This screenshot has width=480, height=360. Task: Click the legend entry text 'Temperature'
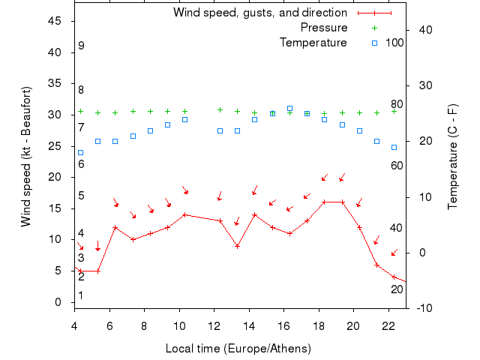tap(313, 43)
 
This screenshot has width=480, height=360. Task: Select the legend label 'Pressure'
tap(323, 28)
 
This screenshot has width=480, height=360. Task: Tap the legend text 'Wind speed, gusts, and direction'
tap(259, 13)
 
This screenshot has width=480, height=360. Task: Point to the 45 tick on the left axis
tap(55, 21)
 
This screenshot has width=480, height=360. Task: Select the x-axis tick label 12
tap(214, 325)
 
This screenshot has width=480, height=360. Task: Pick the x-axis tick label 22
tap(388, 325)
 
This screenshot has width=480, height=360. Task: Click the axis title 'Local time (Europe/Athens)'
tap(238, 349)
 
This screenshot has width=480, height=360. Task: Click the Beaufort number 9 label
tap(81, 46)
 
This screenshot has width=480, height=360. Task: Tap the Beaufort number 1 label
tap(81, 295)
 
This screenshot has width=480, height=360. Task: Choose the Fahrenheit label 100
tap(394, 43)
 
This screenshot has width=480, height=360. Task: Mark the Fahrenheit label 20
tap(396, 289)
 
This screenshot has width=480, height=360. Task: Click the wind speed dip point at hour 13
tap(237, 246)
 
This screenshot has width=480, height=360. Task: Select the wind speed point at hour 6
tap(115, 227)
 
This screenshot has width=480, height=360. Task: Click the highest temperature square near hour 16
tap(289, 109)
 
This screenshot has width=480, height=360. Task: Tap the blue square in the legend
tap(374, 43)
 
